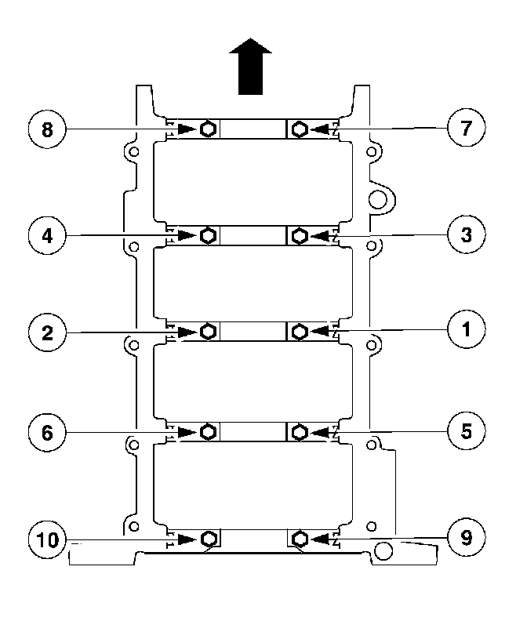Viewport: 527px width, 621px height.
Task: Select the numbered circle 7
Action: [467, 128]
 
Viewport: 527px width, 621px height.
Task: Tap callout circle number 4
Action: [47, 234]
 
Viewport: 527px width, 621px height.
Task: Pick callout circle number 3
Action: [467, 234]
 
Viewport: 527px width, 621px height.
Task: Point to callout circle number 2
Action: [47, 333]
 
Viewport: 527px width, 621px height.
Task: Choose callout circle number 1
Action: [467, 332]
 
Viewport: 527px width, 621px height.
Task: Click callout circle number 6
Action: [47, 432]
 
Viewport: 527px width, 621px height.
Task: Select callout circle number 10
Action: [47, 539]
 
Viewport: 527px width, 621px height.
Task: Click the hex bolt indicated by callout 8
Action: [208, 129]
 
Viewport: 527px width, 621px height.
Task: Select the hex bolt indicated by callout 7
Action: [299, 129]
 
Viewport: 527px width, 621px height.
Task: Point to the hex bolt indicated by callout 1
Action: [299, 332]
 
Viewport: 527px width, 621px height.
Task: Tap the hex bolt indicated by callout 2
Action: [208, 332]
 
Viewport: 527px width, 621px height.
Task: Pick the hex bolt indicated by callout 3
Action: [299, 234]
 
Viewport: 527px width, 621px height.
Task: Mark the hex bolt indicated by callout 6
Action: [208, 431]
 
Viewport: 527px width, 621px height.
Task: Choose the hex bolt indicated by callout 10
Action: [208, 539]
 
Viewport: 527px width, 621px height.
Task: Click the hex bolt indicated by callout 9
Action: [299, 539]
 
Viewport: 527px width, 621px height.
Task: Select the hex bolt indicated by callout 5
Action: [299, 431]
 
